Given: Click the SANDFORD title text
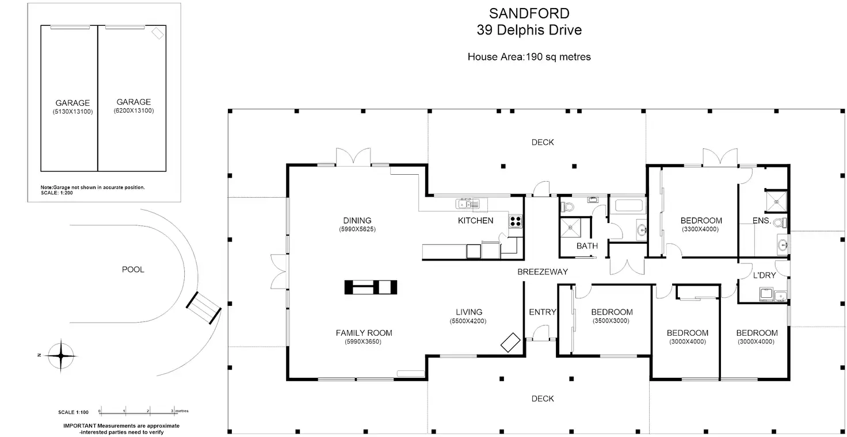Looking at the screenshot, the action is click(x=529, y=13).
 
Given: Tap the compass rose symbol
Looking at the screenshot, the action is click(x=60, y=355).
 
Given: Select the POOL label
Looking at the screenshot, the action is click(x=133, y=269).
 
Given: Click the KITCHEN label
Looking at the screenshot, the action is click(x=475, y=220).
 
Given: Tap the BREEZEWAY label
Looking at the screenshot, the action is click(x=542, y=271).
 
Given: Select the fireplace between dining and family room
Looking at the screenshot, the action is click(x=371, y=287).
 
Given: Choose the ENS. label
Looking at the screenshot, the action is click(x=761, y=220).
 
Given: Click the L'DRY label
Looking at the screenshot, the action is click(x=764, y=275).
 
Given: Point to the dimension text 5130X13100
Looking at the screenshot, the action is click(x=73, y=112).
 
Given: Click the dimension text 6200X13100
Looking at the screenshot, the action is click(x=133, y=110).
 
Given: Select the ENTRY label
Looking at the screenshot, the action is click(x=542, y=312).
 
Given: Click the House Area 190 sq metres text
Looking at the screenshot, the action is click(x=529, y=57).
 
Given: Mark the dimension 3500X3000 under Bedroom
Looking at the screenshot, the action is click(x=612, y=321).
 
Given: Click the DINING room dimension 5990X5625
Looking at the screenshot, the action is click(x=357, y=229).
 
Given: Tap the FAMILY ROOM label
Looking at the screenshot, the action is click(x=364, y=332).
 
